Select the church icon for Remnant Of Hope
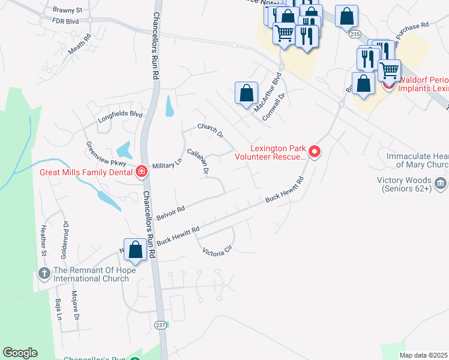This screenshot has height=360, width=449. click(44, 274)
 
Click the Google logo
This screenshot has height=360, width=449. click(20, 353)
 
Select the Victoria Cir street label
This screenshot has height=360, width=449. click(217, 252)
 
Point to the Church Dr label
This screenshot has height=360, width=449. click(211, 130)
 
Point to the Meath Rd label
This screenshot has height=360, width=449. click(79, 45)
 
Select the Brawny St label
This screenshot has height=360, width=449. click(67, 10)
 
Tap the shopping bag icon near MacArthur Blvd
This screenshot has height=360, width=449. click(246, 94)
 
